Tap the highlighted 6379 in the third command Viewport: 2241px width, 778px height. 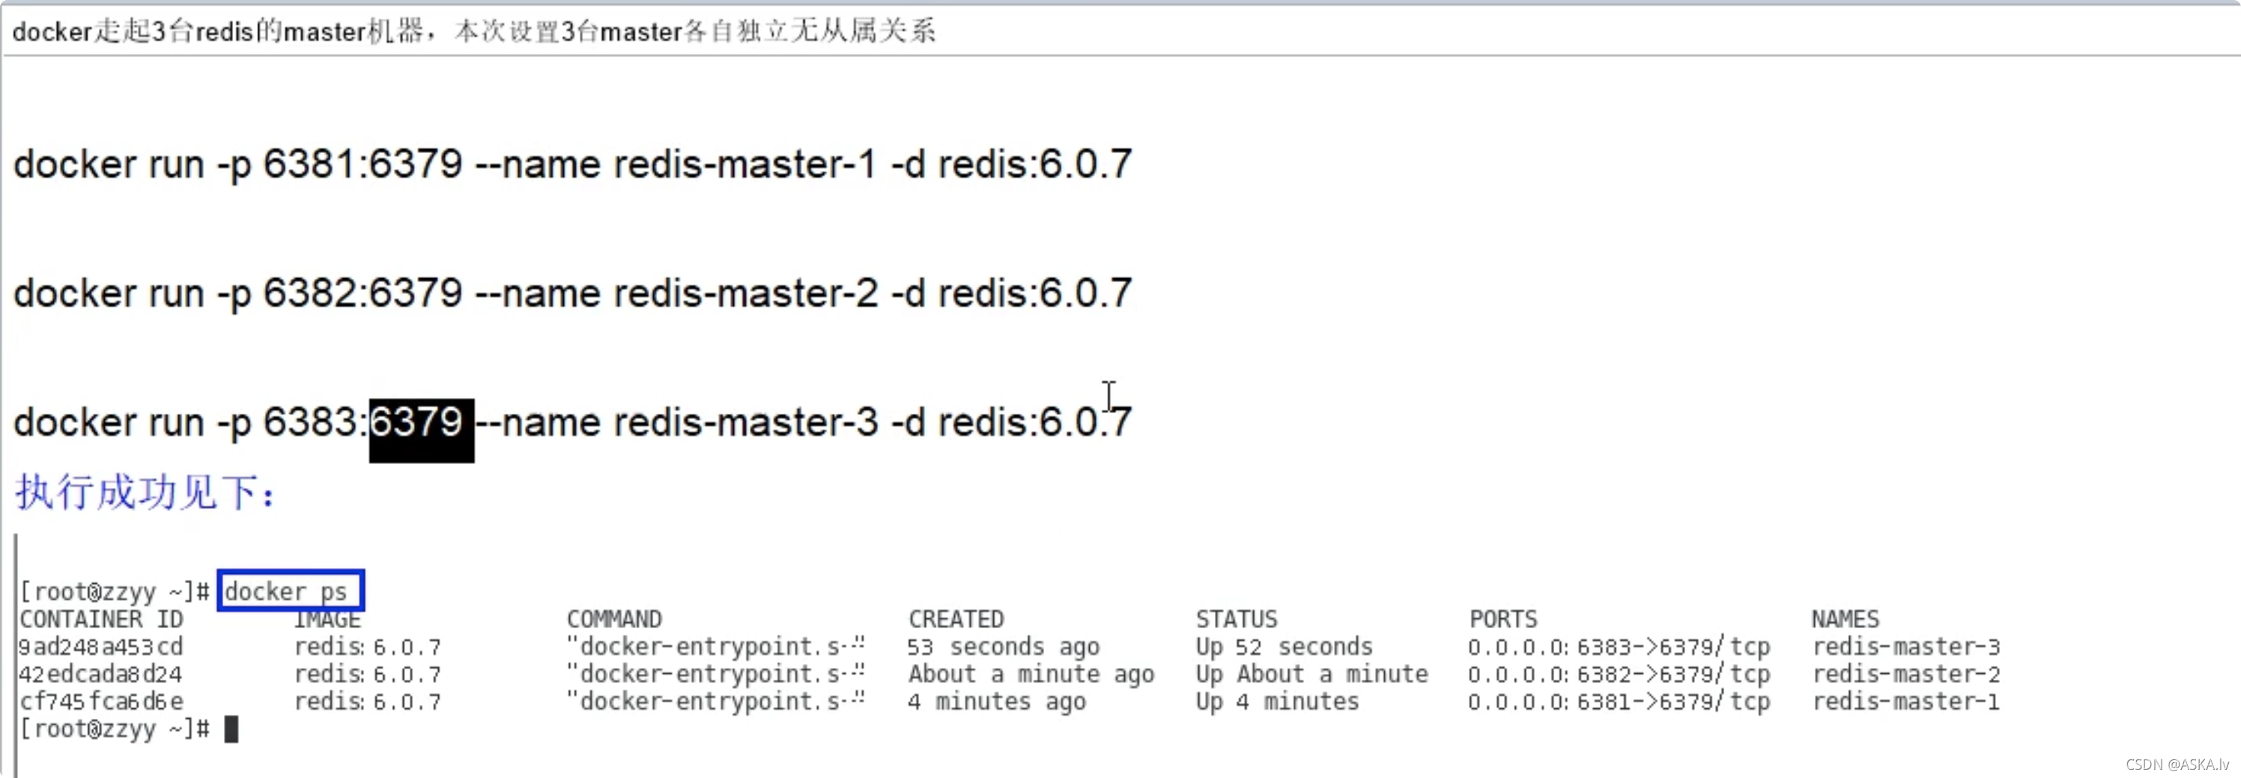click(421, 423)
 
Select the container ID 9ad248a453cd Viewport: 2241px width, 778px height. click(101, 648)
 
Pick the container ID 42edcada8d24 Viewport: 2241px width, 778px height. click(101, 675)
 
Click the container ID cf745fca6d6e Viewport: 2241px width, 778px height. click(101, 702)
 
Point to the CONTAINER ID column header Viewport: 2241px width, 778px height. click(101, 620)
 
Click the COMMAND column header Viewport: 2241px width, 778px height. click(614, 620)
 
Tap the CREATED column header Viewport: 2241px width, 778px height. click(956, 620)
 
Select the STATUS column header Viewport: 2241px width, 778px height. click(1236, 620)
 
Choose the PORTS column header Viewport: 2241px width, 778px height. click(1503, 620)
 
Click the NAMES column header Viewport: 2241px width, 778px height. click(1846, 620)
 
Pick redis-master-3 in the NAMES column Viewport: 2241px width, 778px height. click(1906, 648)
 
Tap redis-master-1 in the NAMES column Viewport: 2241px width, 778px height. click(1906, 702)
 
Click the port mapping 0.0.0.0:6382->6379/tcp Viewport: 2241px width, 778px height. click(1618, 675)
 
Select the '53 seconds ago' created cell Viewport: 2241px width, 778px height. click(1003, 648)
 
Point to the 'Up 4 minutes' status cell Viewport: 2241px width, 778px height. click(1276, 702)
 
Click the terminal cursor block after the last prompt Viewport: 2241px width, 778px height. click(231, 729)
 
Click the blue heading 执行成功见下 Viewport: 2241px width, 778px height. click(145, 492)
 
